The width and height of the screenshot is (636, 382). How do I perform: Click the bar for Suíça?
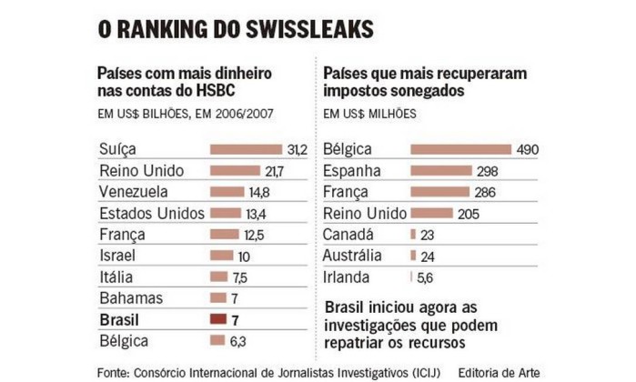point(246,149)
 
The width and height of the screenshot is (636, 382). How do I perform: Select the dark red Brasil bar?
point(217,319)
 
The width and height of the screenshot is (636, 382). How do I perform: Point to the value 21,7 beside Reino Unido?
point(273,171)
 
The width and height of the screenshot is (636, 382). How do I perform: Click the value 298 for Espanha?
point(488,171)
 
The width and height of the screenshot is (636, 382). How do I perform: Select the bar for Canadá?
point(416,235)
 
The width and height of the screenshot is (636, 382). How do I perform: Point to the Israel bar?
point(221,256)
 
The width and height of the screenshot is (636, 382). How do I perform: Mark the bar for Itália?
point(218,276)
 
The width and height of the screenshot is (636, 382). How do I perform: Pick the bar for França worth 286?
point(439,192)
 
